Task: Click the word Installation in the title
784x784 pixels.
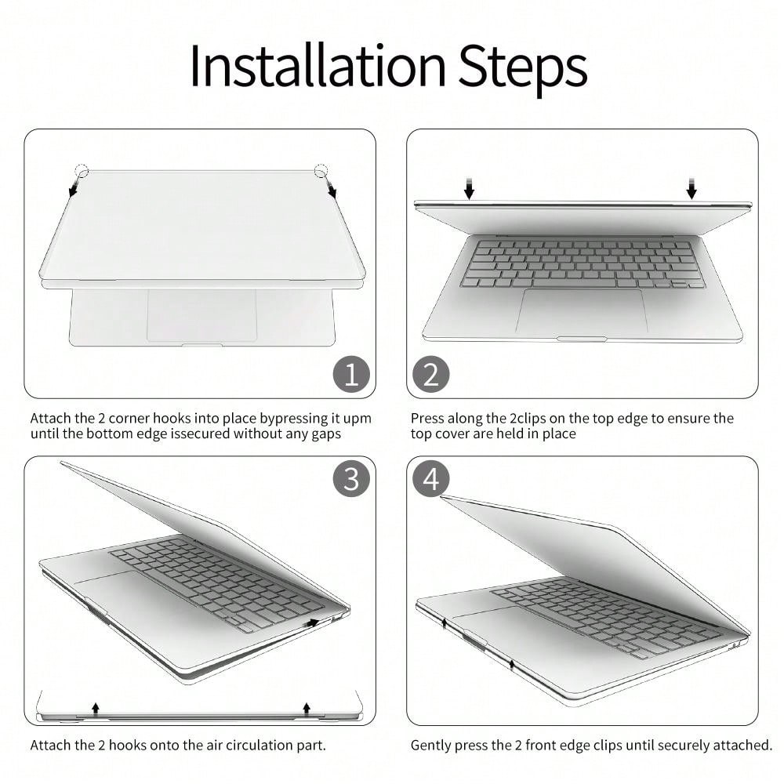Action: tap(318, 66)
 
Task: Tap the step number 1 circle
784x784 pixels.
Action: tap(351, 374)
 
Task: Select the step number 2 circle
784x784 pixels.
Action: tap(431, 374)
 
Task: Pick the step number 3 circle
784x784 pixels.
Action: tap(351, 478)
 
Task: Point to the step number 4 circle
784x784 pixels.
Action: tap(431, 478)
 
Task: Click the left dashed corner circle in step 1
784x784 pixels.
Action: tap(82, 170)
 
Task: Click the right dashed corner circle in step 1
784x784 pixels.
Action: tap(321, 170)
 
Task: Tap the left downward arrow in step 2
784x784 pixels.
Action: tap(469, 188)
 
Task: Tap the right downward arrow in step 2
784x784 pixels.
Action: tap(691, 188)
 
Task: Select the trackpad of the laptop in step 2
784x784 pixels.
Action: tap(582, 310)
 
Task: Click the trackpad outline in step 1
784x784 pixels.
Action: tap(202, 316)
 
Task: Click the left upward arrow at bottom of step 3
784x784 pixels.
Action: tap(96, 707)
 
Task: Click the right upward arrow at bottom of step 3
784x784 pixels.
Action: tap(307, 707)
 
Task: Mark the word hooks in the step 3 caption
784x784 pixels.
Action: tap(128, 745)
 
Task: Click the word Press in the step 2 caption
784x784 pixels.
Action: tap(427, 418)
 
